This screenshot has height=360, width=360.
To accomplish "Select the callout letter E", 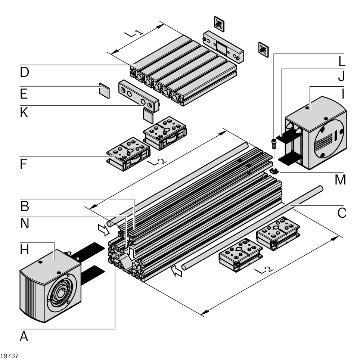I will click(24, 94).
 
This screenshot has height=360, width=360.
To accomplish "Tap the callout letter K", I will click(24, 113).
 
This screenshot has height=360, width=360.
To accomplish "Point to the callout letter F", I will click(24, 164).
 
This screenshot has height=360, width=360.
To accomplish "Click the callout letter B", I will click(24, 206).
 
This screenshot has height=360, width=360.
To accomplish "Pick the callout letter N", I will click(24, 223).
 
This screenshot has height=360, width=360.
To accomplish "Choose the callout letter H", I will click(24, 250).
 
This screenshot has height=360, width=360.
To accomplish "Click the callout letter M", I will click(340, 180).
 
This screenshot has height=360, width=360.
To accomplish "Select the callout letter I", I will click(341, 94).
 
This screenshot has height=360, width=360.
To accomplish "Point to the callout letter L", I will click(341, 61).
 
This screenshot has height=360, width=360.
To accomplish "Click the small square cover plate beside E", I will click(105, 91).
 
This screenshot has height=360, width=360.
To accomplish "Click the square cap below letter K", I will click(148, 115).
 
